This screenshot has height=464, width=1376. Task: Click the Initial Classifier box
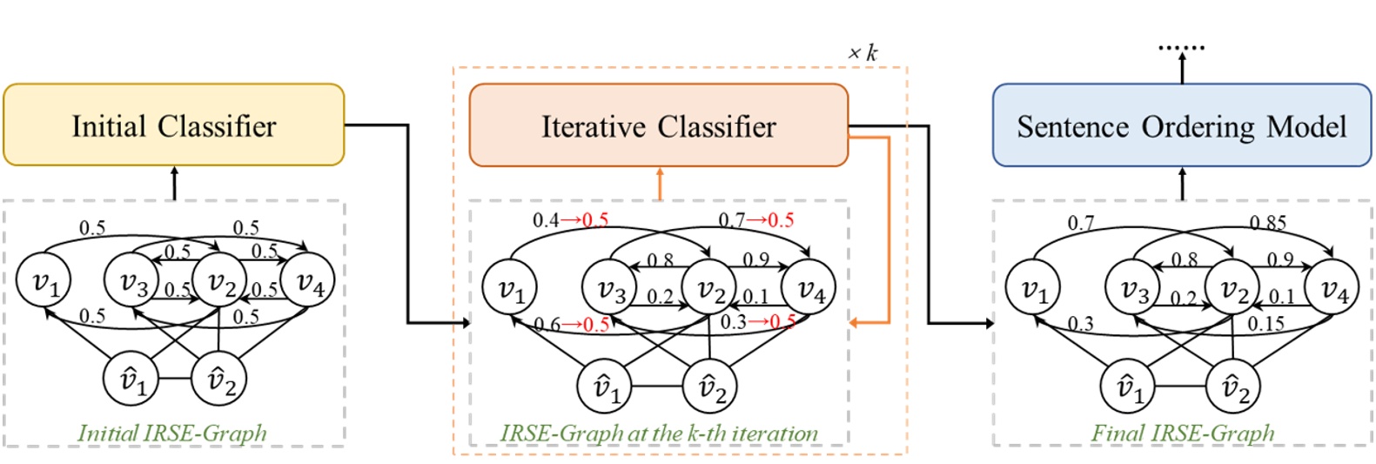174,125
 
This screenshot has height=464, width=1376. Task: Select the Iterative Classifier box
658,125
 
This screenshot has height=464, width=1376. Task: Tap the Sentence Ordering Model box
1181,125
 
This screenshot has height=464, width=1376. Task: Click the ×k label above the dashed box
863,53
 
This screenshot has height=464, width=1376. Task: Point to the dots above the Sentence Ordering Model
1181,47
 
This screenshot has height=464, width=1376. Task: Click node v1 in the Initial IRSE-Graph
44,281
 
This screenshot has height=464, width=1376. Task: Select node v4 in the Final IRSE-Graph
1332,288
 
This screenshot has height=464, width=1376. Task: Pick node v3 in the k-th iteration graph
610,288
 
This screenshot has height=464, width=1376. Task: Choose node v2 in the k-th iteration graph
709,288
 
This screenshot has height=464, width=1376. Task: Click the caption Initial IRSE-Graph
172,433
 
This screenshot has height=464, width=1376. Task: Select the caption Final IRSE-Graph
1183,433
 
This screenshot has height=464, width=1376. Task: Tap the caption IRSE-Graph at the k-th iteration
659,433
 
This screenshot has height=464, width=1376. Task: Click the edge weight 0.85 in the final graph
1267,223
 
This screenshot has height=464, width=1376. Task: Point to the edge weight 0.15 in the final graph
1267,324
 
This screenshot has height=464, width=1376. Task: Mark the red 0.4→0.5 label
571,220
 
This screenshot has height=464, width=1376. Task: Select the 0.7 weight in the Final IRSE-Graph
1081,224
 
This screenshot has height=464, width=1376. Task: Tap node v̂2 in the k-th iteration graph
709,387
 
